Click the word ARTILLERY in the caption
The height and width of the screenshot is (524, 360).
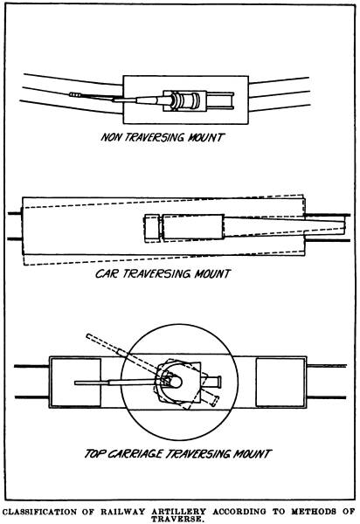pos(179,511)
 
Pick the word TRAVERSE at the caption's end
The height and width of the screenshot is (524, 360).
pos(177,519)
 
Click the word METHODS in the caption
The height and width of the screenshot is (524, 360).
pos(313,511)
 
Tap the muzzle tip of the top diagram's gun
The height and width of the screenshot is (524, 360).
pos(71,95)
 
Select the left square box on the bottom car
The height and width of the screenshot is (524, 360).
pos(75,383)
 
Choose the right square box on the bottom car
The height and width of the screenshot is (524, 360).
pos(280,383)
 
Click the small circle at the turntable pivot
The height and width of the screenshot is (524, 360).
pos(176,382)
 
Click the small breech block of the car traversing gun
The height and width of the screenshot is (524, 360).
pos(153,229)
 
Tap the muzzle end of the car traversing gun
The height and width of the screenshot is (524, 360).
pos(344,225)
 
